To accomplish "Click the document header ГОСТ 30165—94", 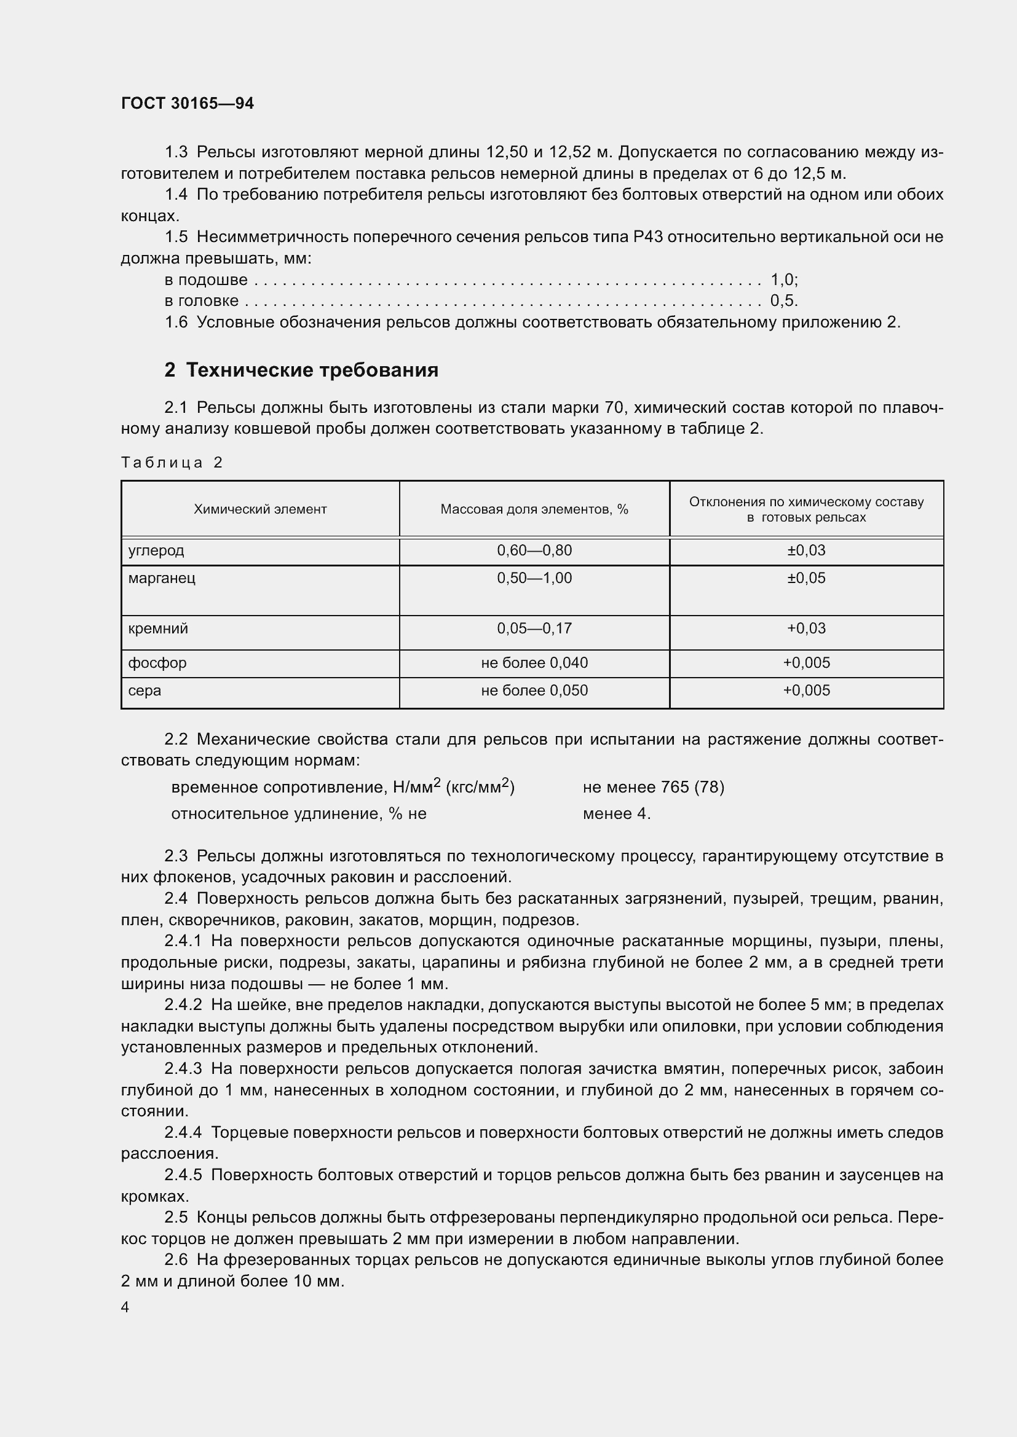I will click(x=188, y=103).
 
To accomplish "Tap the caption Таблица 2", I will click(x=172, y=463).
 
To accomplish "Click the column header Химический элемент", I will click(x=260, y=509).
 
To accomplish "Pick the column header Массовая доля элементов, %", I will click(x=534, y=509).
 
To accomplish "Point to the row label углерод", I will click(x=156, y=550).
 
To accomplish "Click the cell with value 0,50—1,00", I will click(x=534, y=578).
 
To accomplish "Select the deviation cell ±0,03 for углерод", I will click(x=806, y=550).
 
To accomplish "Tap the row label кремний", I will click(x=158, y=628).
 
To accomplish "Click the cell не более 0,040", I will click(x=534, y=662).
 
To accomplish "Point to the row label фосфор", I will click(x=157, y=662).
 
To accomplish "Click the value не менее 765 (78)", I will click(x=653, y=787).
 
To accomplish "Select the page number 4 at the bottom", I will click(x=125, y=1307).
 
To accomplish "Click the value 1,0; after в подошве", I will click(x=784, y=279).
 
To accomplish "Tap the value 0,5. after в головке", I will click(x=784, y=300).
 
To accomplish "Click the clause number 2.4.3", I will click(x=183, y=1068).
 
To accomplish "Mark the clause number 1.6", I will click(x=176, y=323).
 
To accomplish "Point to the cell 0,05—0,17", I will click(x=534, y=628).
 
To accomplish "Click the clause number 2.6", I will click(x=176, y=1259).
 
